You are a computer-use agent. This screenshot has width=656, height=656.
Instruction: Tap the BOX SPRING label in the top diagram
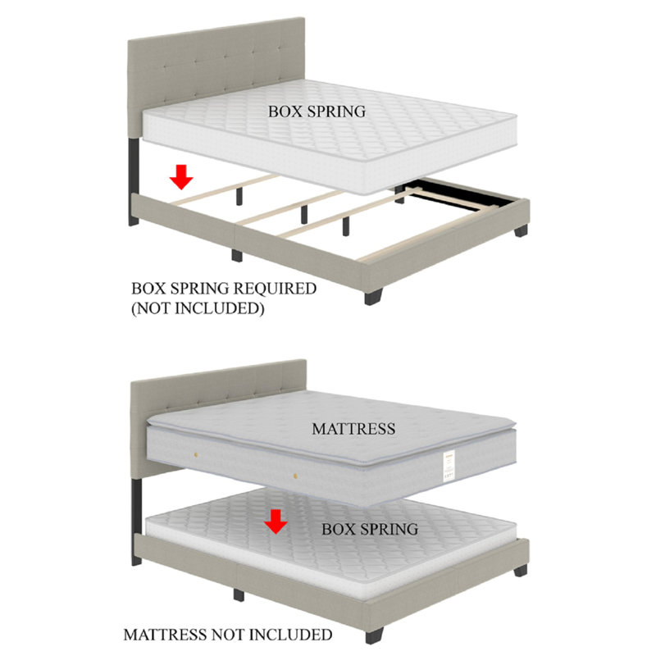pos(317,112)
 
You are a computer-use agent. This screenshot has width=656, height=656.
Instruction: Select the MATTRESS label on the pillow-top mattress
pos(353,428)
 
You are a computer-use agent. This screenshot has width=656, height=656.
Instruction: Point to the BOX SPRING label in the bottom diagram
pos(369,529)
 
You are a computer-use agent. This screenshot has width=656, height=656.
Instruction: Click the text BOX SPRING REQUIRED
pos(223,289)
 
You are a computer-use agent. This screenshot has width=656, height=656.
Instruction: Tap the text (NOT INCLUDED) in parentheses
pos(198,309)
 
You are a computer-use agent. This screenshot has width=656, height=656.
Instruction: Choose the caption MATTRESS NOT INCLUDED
pos(227,635)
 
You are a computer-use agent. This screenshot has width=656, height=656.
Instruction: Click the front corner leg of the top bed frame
pos(373,294)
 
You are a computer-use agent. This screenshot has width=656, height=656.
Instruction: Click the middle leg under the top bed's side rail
pos(237,255)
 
